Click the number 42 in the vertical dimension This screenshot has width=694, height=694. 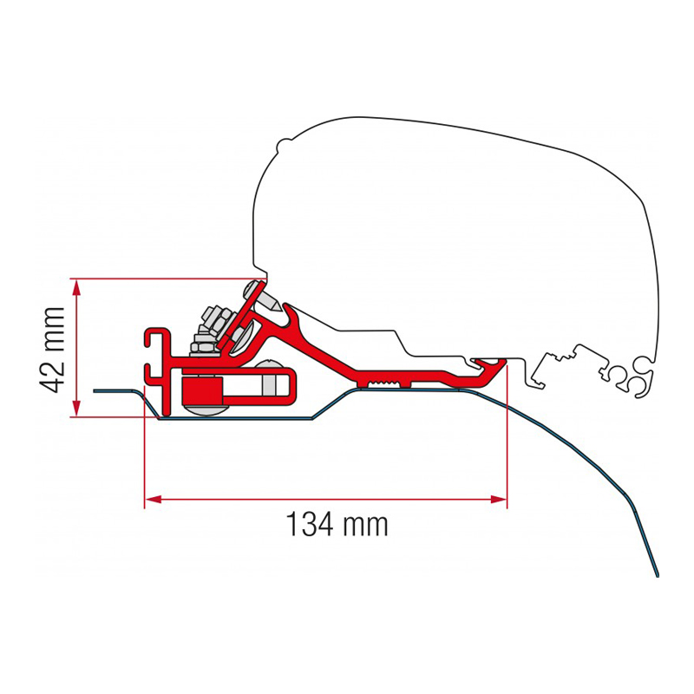pos(52,376)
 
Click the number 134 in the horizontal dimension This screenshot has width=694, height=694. pos(310,525)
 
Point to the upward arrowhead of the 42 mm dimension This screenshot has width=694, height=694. pos(76,288)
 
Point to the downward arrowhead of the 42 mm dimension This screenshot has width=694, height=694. pos(76,408)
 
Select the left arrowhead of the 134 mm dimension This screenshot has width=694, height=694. pos(154,500)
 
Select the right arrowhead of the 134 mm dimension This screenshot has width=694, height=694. pos(498,500)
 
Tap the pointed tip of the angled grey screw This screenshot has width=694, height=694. pos(278,307)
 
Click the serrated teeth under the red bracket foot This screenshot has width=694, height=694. pos(383,383)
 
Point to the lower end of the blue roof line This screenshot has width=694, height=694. pos(658,574)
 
